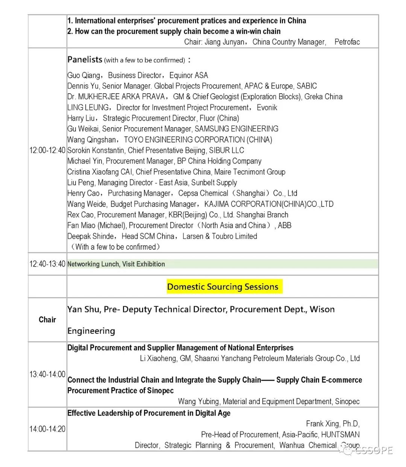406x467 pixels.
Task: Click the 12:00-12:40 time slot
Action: pyautogui.click(x=47, y=150)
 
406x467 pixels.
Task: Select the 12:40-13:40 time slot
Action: pyautogui.click(x=47, y=264)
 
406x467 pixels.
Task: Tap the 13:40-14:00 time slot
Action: pyautogui.click(x=47, y=375)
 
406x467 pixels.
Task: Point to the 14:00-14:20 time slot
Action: pyautogui.click(x=47, y=429)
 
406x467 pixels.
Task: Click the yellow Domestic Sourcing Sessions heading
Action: pyautogui.click(x=223, y=287)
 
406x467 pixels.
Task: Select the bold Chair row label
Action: pyautogui.click(x=47, y=320)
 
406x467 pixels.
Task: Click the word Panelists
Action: pyautogui.click(x=85, y=59)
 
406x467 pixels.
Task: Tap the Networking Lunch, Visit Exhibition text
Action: pyautogui.click(x=116, y=264)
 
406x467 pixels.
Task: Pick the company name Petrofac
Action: pyautogui.click(x=347, y=42)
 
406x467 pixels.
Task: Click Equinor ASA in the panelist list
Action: pyautogui.click(x=189, y=75)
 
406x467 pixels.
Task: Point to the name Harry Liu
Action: pyautogui.click(x=81, y=118)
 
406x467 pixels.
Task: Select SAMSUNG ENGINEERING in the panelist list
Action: pyautogui.click(x=236, y=129)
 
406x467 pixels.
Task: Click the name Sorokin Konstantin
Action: pyautogui.click(x=96, y=150)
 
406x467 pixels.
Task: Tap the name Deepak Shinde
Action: pyautogui.click(x=91, y=236)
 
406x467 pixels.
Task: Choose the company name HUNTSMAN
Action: pyautogui.click(x=340, y=435)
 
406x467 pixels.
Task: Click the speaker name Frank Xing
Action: pyautogui.click(x=323, y=424)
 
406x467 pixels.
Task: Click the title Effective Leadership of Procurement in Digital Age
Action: pyautogui.click(x=149, y=413)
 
